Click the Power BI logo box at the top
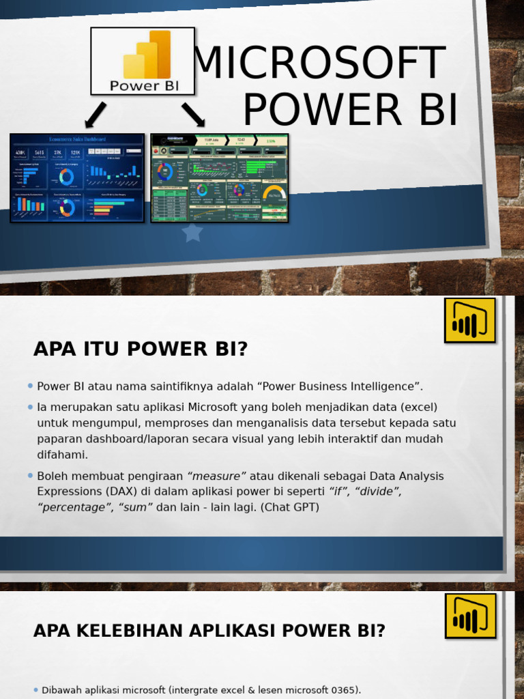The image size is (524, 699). pyautogui.click(x=143, y=61)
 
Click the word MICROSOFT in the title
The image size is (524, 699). pyautogui.click(x=319, y=63)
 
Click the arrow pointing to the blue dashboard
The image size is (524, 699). pyautogui.click(x=96, y=115)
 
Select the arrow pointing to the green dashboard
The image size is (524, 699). pyautogui.click(x=193, y=114)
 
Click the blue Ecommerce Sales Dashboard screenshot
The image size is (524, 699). pyautogui.click(x=77, y=178)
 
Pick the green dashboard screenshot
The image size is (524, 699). pyautogui.click(x=220, y=178)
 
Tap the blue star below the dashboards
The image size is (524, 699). pyautogui.click(x=192, y=233)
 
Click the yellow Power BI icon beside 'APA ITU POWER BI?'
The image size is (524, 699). pyautogui.click(x=469, y=320)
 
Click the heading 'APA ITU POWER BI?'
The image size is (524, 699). pyautogui.click(x=141, y=349)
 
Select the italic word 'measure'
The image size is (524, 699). pyautogui.click(x=216, y=476)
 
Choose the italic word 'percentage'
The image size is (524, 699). pyautogui.click(x=75, y=507)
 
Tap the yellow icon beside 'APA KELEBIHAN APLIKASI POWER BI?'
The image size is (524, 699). pyautogui.click(x=470, y=616)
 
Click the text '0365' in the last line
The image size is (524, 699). pyautogui.click(x=343, y=690)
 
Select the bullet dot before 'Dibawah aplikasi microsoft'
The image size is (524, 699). pyautogui.click(x=35, y=690)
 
